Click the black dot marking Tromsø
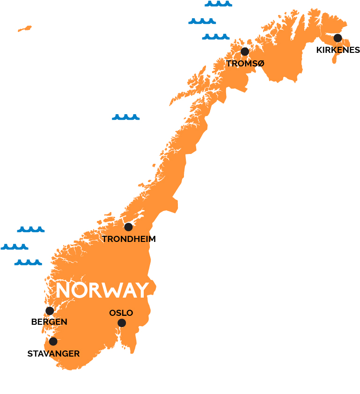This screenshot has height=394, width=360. (x=244, y=51)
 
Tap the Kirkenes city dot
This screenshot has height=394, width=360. (x=338, y=38)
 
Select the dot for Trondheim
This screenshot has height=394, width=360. (x=128, y=227)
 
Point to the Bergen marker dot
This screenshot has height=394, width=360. (x=50, y=311)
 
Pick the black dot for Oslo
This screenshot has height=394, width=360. (x=122, y=323)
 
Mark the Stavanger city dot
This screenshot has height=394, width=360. (x=53, y=342)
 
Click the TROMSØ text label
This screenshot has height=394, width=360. (x=245, y=64)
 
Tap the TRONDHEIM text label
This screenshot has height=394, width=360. (x=129, y=239)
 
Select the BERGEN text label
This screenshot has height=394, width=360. (x=49, y=322)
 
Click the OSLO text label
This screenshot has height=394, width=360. (x=121, y=313)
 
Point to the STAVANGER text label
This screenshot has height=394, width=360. (x=53, y=354)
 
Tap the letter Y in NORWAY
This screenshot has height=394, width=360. (x=142, y=291)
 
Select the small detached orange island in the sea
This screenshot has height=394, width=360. (x=25, y=29)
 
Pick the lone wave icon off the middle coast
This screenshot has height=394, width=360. (x=125, y=117)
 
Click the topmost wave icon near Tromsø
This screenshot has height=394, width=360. (x=218, y=4)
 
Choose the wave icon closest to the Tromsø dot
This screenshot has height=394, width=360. (x=216, y=36)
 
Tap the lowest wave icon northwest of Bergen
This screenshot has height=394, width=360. (x=28, y=263)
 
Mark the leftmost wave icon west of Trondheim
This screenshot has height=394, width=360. (x=15, y=247)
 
